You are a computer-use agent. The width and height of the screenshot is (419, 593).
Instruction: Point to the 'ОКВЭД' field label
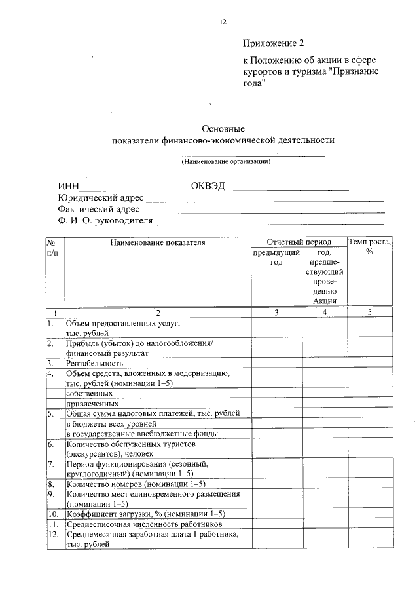208,185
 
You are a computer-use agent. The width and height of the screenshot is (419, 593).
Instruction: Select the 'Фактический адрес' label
99,209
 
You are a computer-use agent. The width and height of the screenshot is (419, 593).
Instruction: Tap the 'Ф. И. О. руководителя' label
105,221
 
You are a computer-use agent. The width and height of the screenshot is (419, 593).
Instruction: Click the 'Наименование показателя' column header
158,242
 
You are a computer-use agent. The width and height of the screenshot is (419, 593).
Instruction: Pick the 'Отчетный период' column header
299,242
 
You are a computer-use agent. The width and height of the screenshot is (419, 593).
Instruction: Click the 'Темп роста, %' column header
370,247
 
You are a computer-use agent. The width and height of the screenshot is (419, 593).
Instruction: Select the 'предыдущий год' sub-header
276,257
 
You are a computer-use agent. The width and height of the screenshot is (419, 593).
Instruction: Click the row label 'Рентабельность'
95,362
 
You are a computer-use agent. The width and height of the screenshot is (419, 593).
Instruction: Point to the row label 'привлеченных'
92,404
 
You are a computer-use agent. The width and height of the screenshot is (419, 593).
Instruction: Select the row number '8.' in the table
51,484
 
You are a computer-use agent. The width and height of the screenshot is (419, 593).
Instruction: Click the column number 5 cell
370,313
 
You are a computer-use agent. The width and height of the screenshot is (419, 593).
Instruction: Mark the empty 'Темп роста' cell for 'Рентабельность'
370,362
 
